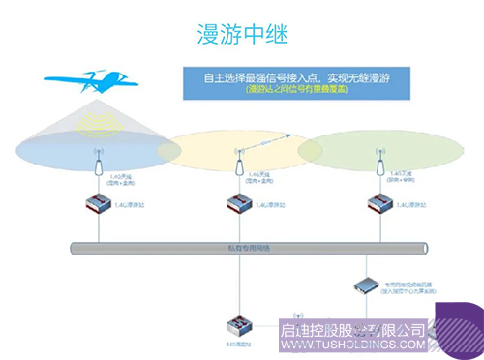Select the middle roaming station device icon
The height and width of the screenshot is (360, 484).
pyautogui.click(x=237, y=204)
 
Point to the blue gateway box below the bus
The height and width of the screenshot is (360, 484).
pyautogui.click(x=367, y=285)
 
